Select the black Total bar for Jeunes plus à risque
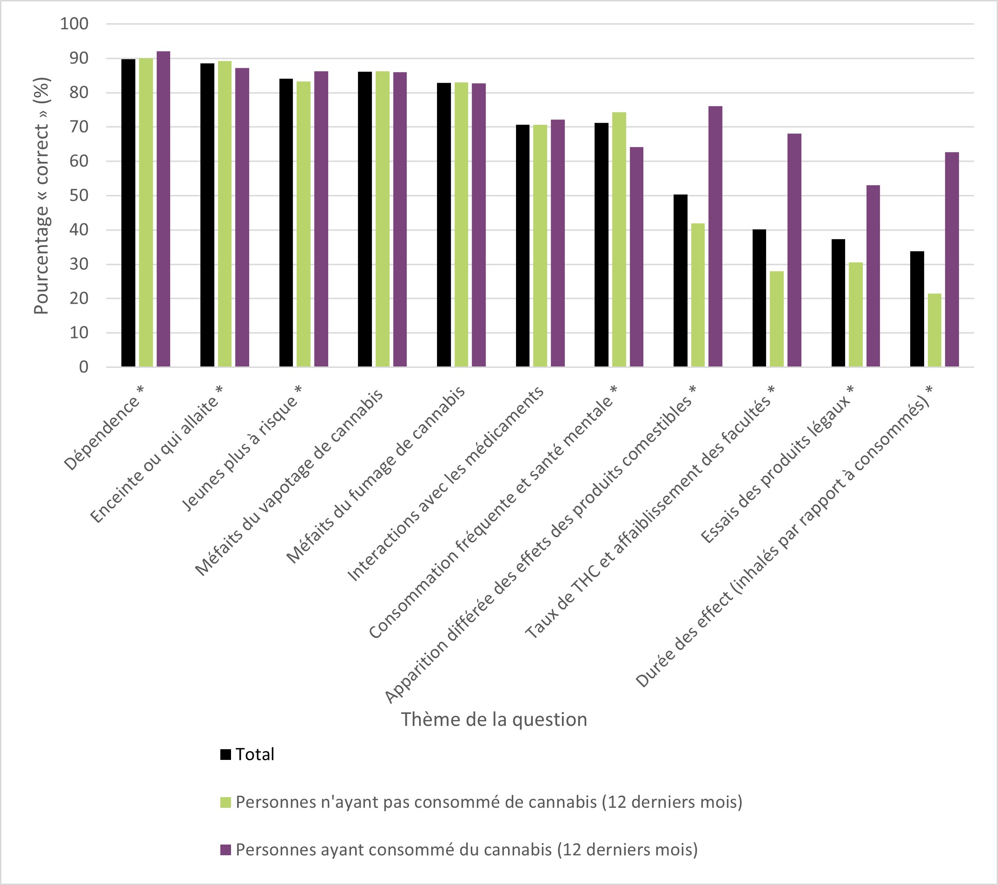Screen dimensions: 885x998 coord(286,223)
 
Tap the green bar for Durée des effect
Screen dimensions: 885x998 coord(934,330)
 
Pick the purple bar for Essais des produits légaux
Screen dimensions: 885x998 coord(873,276)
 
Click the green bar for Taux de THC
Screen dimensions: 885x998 coord(776,319)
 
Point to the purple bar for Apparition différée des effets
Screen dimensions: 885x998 coord(715,236)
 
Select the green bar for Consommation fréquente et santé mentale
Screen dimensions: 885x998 coord(619,240)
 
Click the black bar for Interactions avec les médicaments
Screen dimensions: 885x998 coord(522,246)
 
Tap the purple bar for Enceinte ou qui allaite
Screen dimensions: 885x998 coord(242,217)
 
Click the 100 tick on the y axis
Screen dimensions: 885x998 coord(74,24)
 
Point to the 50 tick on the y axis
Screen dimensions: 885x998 coord(79,196)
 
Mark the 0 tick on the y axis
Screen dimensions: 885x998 coord(84,367)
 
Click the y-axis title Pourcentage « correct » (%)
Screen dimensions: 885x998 coord(41,196)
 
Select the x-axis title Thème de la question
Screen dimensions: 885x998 coord(494,720)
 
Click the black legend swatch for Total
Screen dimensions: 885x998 coord(225,755)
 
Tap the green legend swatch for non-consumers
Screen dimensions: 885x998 coord(225,803)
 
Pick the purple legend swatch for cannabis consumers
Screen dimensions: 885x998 coord(225,850)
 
